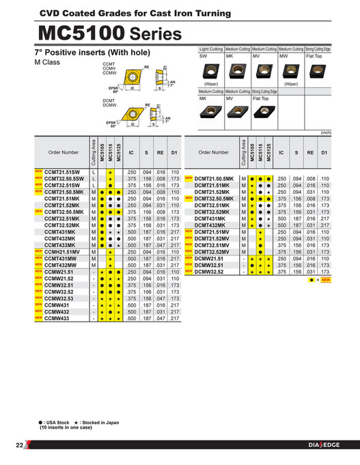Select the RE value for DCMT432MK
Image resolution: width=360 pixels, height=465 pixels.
pyautogui.click(x=310, y=225)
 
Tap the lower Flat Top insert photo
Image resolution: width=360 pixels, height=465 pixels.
pyautogui.click(x=264, y=112)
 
